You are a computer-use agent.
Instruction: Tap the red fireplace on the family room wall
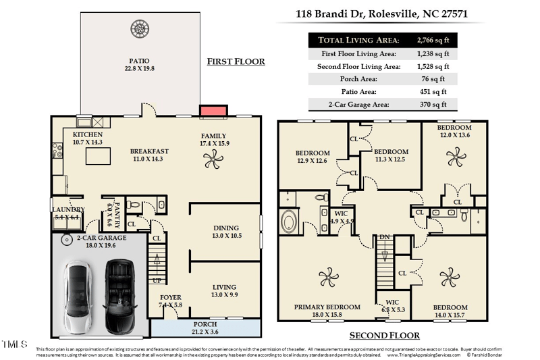coord(211,109)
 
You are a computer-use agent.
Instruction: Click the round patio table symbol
coord(140,28)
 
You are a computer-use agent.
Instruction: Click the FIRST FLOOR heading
coord(236,61)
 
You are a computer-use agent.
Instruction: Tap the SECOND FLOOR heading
coord(384,336)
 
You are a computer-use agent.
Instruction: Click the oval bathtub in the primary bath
coord(290,222)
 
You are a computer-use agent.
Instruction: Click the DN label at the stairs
coord(384,238)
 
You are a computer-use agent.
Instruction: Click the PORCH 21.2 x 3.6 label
coord(205,328)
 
